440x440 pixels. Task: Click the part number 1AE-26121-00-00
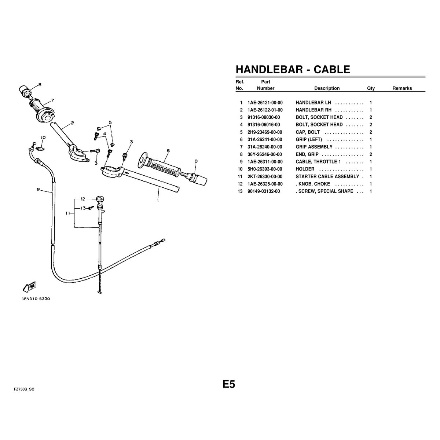[x=265, y=103]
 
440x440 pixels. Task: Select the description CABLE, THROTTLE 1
[x=318, y=162]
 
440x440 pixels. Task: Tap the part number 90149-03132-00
[x=264, y=191]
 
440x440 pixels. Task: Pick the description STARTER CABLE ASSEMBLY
[x=327, y=176]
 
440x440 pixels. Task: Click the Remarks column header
[x=402, y=88]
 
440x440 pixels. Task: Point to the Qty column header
[x=371, y=88]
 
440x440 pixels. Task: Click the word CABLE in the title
[x=332, y=69]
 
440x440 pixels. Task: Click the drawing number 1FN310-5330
[x=36, y=299]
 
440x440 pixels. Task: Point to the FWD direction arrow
[x=29, y=287]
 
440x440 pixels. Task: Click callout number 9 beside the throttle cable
[x=38, y=189]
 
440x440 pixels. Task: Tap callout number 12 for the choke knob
[x=82, y=199]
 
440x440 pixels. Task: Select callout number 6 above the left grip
[x=168, y=150]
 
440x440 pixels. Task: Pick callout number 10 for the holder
[x=43, y=137]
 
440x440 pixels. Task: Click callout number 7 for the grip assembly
[x=52, y=100]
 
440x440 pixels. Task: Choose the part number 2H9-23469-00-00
[x=265, y=132]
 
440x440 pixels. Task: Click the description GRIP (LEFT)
[x=309, y=139]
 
